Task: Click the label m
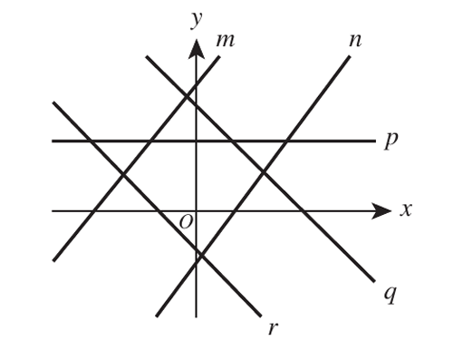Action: (x=226, y=41)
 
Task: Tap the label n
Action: (x=355, y=41)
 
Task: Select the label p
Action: (x=391, y=141)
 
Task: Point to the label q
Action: (x=390, y=295)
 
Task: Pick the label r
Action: (x=273, y=328)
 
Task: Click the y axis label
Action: (x=197, y=20)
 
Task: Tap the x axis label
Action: (x=406, y=209)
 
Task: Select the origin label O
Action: (x=186, y=222)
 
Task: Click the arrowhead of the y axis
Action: (x=197, y=49)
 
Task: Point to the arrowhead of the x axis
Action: (x=381, y=210)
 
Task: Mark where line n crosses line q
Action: (x=264, y=172)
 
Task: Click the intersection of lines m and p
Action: (x=150, y=141)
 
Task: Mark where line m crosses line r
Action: (x=122, y=174)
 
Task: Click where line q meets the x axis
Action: (x=303, y=210)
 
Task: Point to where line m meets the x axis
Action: (x=94, y=210)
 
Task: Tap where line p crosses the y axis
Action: (x=197, y=141)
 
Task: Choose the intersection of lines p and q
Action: (x=232, y=141)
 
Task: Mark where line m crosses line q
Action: (x=187, y=96)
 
